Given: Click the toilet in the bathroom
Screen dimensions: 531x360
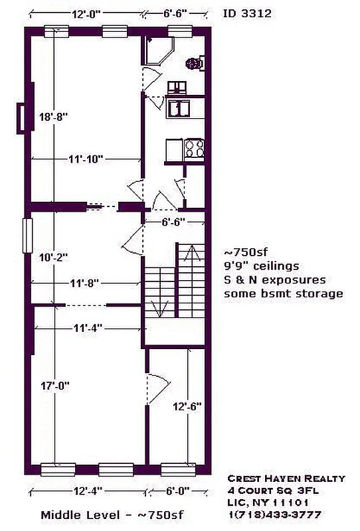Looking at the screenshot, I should coord(193,64).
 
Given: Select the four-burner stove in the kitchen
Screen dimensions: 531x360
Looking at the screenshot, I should coord(193,148).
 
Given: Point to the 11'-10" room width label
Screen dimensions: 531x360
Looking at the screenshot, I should coord(84,159).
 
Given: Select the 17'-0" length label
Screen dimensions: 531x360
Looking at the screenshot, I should coord(55,385).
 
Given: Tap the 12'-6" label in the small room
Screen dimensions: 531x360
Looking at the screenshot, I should coord(187,406).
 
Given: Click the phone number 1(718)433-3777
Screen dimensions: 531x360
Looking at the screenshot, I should coord(274,514).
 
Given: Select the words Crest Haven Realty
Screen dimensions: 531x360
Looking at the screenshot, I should coord(286,479).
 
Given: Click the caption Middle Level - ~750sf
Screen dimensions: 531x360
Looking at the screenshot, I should coord(112,515).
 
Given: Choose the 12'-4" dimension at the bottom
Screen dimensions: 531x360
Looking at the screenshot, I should coord(87,492).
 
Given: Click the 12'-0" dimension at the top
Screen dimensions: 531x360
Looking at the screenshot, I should coord(86,13).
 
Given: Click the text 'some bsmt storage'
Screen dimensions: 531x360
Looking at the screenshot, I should coord(284,293).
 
